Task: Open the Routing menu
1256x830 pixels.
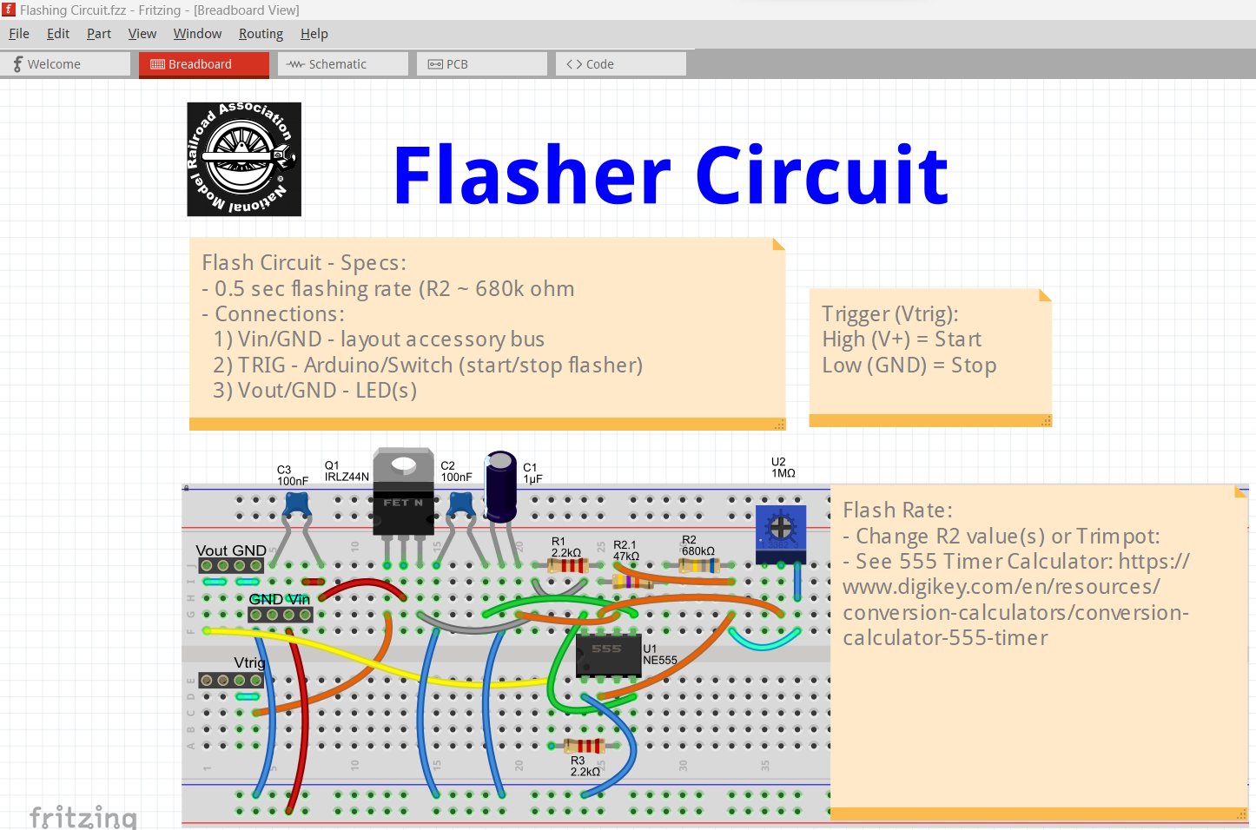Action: coord(261,34)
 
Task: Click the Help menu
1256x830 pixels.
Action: coord(314,34)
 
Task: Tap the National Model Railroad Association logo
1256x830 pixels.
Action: coord(244,159)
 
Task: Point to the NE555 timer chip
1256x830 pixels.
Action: coord(608,655)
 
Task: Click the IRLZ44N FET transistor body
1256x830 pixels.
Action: coord(403,504)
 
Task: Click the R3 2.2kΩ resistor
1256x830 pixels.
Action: coord(585,745)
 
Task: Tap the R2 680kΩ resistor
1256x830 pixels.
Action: coord(699,566)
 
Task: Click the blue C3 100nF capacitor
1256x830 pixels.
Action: coord(297,504)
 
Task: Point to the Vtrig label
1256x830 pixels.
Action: coord(249,662)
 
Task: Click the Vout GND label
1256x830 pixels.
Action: coord(230,550)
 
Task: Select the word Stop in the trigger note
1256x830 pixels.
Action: coord(973,366)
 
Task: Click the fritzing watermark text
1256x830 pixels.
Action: coord(83,817)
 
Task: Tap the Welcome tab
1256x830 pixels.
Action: coord(53,64)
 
